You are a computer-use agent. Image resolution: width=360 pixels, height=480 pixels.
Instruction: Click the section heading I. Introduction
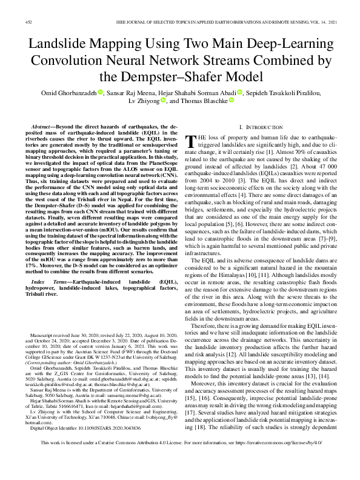click(260, 127)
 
